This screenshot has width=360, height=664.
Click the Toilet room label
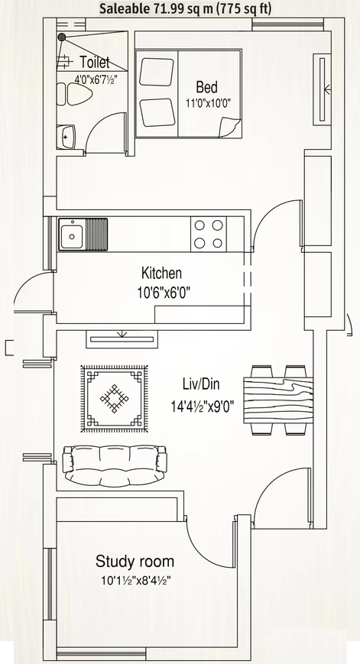tap(95, 63)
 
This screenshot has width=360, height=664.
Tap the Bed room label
tap(206, 87)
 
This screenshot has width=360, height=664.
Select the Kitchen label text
tap(161, 273)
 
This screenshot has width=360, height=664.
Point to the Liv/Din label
tap(201, 384)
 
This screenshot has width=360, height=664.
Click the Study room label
tap(135, 561)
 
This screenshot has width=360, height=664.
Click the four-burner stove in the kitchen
tap(209, 234)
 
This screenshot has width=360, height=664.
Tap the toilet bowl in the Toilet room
tap(79, 93)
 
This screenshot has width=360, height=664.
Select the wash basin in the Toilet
tap(66, 136)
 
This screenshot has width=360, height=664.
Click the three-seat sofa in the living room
tap(115, 465)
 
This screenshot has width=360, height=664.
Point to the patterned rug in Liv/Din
tap(115, 399)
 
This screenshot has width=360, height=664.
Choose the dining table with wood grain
tap(278, 400)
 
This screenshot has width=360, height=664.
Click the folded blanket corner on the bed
tap(230, 128)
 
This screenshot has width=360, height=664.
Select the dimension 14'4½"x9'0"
tap(203, 406)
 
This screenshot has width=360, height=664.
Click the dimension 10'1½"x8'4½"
tap(135, 580)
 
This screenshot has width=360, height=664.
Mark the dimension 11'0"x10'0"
tap(208, 103)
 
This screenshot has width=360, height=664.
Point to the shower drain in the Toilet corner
tap(62, 37)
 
